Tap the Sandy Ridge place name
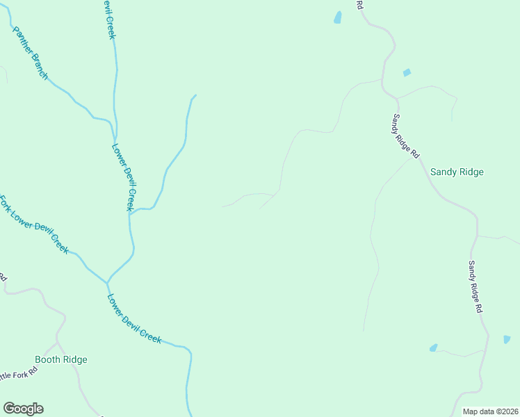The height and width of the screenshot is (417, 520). tap(457, 172)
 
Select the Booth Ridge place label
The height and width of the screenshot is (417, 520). tap(61, 359)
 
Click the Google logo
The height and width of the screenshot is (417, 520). tap(23, 409)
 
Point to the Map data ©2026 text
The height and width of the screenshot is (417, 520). tap(490, 411)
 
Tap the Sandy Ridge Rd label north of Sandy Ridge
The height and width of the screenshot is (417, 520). tap(407, 136)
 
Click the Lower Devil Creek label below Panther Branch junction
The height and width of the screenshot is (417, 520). tap(123, 177)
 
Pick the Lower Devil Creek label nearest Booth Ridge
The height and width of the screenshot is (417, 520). tap(134, 319)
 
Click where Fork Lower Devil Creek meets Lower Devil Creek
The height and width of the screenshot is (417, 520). tap(107, 282)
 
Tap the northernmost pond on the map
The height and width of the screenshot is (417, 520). tap(338, 17)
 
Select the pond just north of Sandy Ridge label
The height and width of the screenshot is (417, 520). tap(407, 72)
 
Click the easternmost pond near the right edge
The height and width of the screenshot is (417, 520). tap(507, 339)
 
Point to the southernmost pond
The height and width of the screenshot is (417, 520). tap(434, 347)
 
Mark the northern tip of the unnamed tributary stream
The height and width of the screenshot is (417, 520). tap(195, 95)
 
